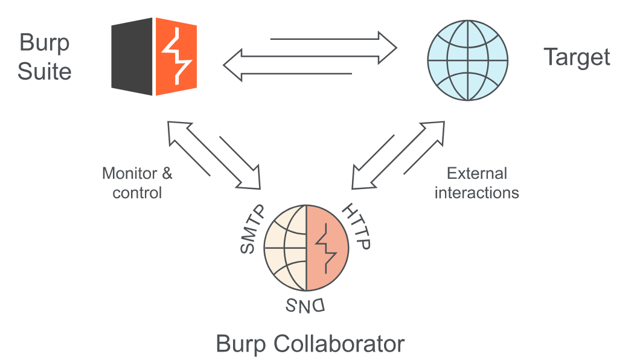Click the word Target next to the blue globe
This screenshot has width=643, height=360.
click(x=577, y=57)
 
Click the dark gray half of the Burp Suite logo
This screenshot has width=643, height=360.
click(x=132, y=57)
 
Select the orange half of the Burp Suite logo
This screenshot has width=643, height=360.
click(x=176, y=57)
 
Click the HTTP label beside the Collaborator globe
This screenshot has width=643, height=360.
click(x=357, y=227)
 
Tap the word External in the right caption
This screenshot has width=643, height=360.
click(x=476, y=174)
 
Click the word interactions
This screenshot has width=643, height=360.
click(x=476, y=193)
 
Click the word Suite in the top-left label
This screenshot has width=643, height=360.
click(x=44, y=72)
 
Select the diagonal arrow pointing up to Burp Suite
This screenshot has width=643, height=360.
click(x=188, y=148)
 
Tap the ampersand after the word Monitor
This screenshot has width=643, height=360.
click(x=165, y=174)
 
